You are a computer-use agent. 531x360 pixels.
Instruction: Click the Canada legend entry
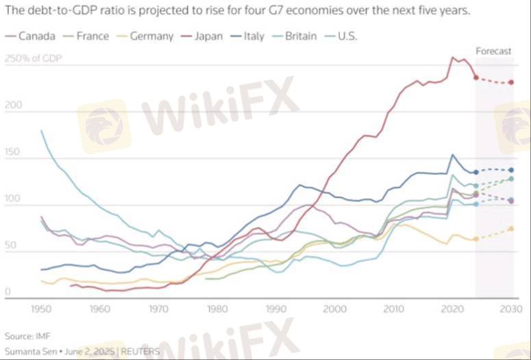[32, 36]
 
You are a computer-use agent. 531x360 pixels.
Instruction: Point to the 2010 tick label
[394, 309]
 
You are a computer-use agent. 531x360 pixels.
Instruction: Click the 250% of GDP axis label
[33, 58]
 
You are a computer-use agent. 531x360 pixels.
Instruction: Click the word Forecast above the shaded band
[493, 51]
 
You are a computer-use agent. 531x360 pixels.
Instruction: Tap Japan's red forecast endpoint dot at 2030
[511, 82]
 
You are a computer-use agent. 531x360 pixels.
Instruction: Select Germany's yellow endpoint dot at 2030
[511, 229]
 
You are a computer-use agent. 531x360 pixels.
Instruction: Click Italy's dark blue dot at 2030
[511, 170]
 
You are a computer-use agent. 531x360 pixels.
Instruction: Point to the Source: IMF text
[27, 336]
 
